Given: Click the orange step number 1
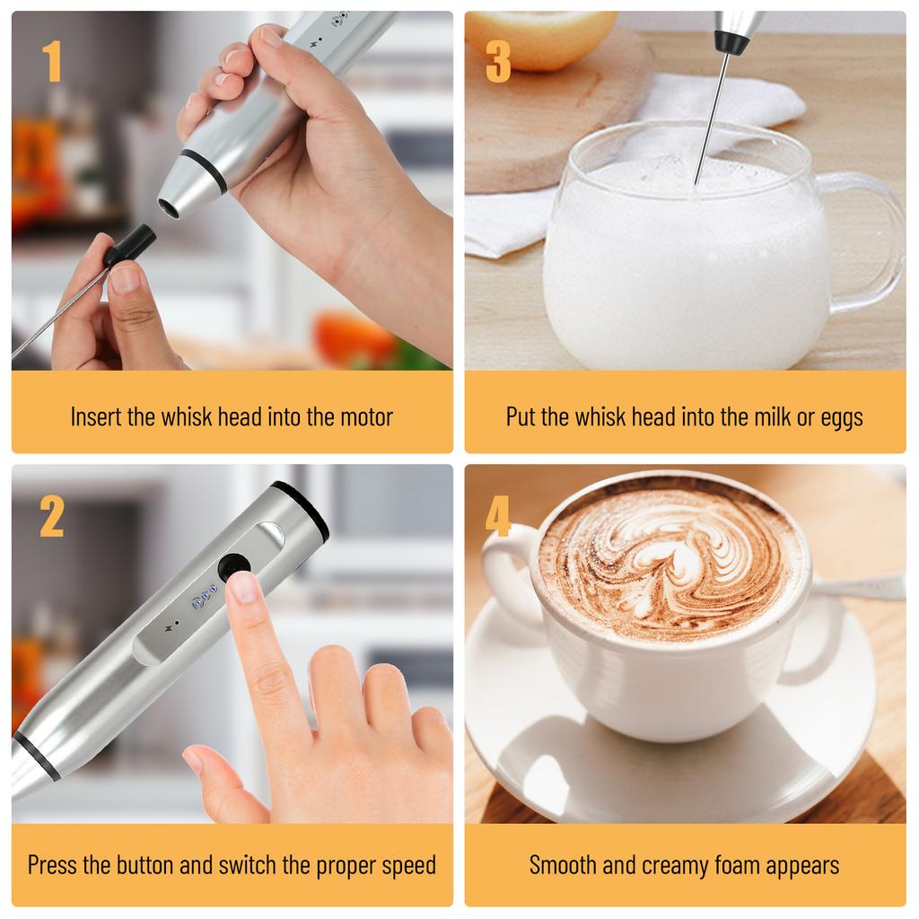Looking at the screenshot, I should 52,62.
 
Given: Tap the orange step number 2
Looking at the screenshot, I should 52,517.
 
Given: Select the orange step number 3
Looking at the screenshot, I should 498,62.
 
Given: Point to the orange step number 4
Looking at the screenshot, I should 498,517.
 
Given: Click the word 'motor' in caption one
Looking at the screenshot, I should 365,416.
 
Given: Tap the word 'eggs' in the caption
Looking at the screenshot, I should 842,417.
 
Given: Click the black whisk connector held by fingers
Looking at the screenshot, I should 131,246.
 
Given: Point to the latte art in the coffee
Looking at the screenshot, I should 669,561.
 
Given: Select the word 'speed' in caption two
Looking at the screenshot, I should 405,865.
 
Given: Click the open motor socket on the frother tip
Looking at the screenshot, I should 168,206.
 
